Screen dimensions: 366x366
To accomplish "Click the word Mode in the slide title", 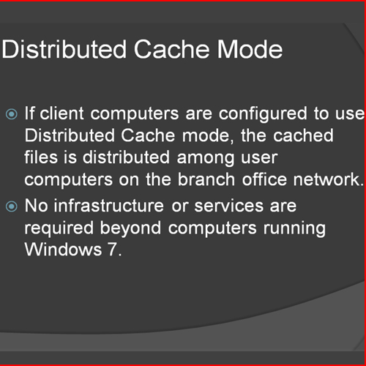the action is point(250,49).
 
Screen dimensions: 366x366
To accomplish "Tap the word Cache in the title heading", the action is point(171,49).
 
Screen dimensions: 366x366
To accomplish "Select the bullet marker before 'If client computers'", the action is point(12,114).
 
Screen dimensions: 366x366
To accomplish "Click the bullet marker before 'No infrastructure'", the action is point(12,206).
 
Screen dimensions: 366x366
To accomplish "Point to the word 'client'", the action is point(62,113).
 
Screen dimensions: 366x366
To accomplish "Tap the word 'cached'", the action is point(303,135).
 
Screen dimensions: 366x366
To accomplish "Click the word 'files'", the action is point(41,157).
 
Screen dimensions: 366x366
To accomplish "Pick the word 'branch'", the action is point(206,179).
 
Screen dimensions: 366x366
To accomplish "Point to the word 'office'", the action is point(264,179).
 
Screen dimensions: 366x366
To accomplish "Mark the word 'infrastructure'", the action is point(109,206).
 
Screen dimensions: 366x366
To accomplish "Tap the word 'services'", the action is point(229,206).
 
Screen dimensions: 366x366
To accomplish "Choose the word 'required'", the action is point(59,229).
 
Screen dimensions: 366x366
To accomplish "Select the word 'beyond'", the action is point(130,229).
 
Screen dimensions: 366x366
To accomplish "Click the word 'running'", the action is point(294,229).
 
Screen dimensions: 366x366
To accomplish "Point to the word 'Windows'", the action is point(63,250).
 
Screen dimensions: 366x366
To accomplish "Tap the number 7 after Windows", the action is point(113,250).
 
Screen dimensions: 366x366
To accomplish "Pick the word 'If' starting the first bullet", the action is point(29,113).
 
